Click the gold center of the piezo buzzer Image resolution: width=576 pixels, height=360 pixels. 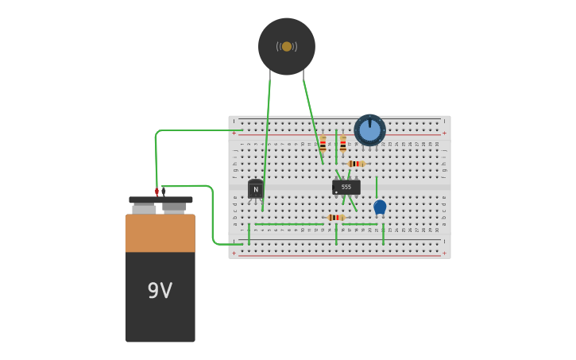point(287,46)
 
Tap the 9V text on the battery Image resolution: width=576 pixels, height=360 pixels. point(160,291)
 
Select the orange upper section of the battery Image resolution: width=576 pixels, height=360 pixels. point(160,233)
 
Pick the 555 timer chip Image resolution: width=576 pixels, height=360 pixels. point(346,187)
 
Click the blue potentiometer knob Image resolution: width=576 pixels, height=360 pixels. point(369,130)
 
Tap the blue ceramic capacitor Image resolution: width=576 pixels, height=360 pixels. point(380,207)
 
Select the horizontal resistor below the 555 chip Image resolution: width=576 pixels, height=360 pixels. point(336,217)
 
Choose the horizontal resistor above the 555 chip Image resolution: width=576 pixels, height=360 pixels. point(356,164)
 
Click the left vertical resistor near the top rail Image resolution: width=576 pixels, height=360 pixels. point(323,145)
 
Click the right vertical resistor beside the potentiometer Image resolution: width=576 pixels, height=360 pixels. point(343,144)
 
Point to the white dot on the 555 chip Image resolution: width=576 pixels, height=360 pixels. point(337,192)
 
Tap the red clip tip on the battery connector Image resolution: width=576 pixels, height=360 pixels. point(157,192)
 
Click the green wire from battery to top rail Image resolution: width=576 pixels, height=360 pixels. point(191,130)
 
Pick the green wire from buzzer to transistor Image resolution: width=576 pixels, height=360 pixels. point(267,135)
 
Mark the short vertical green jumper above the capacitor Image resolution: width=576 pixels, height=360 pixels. point(377,187)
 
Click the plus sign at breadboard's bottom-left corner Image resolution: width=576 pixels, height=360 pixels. point(234,253)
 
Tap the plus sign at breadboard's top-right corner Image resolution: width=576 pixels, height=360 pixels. point(444,133)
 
